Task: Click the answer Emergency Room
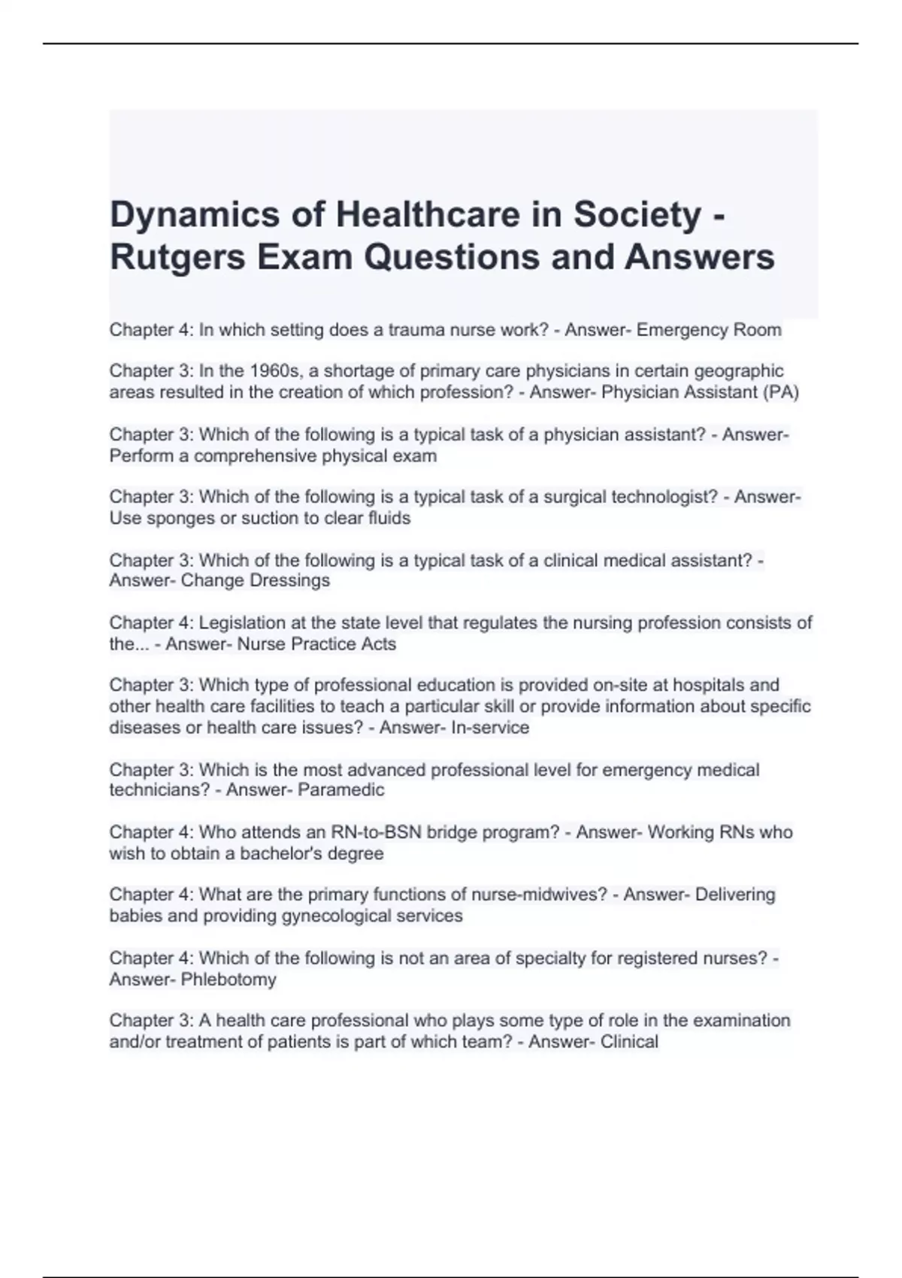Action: (x=709, y=330)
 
